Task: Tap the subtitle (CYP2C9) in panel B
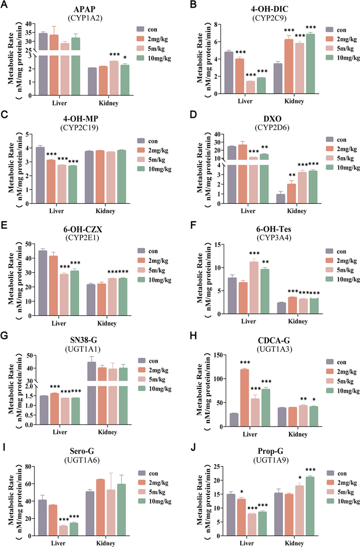coord(260,19)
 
